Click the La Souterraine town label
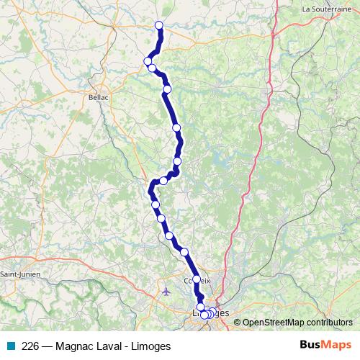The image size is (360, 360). [x=327, y=9]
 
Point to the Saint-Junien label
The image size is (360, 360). [x=20, y=274]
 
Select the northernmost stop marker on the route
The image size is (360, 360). [x=159, y=26]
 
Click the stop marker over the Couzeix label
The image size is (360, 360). [x=196, y=279]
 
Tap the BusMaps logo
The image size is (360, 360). [x=326, y=346]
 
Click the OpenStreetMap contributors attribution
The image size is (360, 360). [x=296, y=323]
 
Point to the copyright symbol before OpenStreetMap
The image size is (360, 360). [x=237, y=323]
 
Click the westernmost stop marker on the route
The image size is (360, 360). [x=148, y=61]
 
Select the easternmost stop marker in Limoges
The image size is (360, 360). [x=213, y=312]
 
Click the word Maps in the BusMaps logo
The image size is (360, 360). [x=336, y=346]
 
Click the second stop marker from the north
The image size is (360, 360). [x=148, y=61]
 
